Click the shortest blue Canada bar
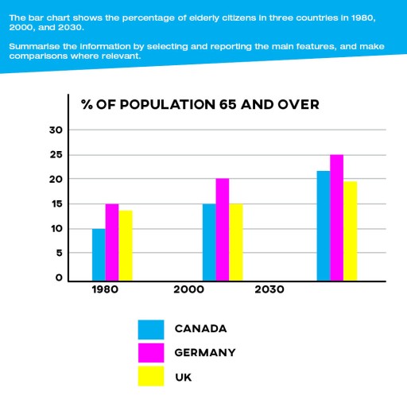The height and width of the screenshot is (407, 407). [99, 254]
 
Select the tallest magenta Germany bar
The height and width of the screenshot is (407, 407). [337, 217]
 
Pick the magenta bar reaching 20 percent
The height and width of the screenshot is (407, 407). [223, 229]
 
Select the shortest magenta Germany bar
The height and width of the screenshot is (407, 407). [112, 242]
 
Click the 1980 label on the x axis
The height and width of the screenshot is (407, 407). [104, 290]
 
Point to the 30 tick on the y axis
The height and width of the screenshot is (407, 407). [54, 130]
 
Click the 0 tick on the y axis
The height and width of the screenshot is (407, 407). [58, 278]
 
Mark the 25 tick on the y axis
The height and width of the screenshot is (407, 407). [54, 154]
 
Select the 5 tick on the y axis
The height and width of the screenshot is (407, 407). [58, 254]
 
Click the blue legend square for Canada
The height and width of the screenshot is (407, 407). [150, 329]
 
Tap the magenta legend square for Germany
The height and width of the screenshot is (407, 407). [150, 352]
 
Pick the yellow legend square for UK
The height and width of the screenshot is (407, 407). [150, 376]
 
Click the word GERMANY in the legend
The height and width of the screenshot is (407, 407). [205, 352]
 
